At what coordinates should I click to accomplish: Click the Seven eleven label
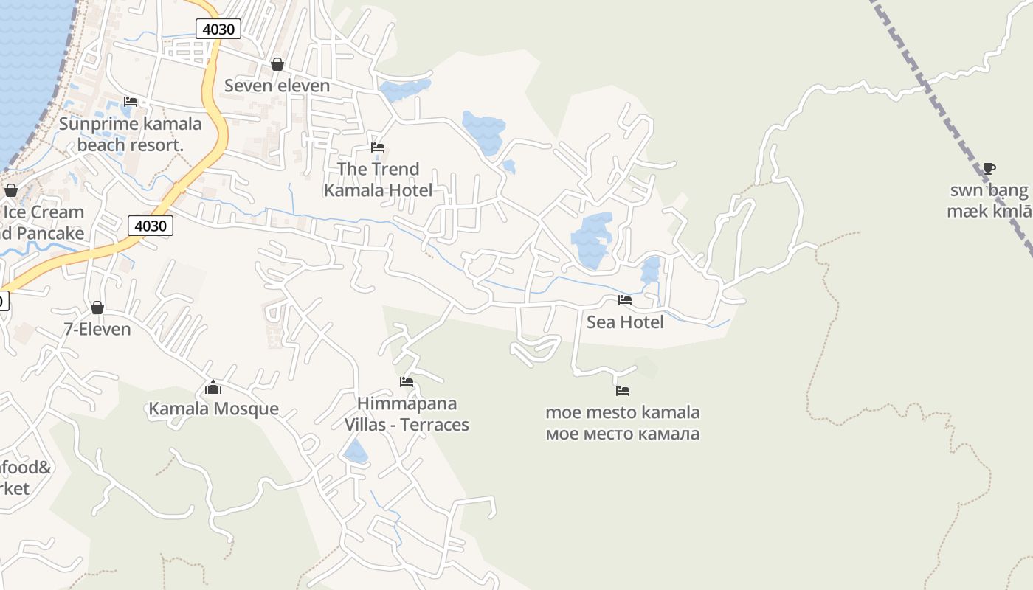(277, 86)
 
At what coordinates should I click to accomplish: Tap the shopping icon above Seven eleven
(277, 65)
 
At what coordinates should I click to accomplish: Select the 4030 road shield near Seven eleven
(218, 29)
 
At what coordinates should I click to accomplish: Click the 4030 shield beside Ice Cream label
(151, 225)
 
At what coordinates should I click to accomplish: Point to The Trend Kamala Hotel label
(378, 179)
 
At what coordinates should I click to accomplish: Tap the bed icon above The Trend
(378, 147)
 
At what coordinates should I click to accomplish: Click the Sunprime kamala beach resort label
(130, 133)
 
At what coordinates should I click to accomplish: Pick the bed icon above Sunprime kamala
(131, 102)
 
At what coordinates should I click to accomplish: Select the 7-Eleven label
(97, 329)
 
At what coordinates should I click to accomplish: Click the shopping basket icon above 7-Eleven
(97, 308)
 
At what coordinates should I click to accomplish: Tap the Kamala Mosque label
(214, 409)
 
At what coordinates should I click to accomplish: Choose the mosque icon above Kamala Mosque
(213, 387)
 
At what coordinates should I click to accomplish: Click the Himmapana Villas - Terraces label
(407, 414)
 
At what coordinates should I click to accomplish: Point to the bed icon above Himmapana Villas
(406, 382)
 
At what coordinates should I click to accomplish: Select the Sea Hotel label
(625, 322)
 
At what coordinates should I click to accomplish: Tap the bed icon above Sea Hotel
(625, 300)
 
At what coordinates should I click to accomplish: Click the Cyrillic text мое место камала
(623, 434)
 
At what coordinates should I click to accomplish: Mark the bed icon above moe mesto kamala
(623, 391)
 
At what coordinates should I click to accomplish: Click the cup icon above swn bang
(989, 169)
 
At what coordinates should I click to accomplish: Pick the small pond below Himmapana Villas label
(356, 451)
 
